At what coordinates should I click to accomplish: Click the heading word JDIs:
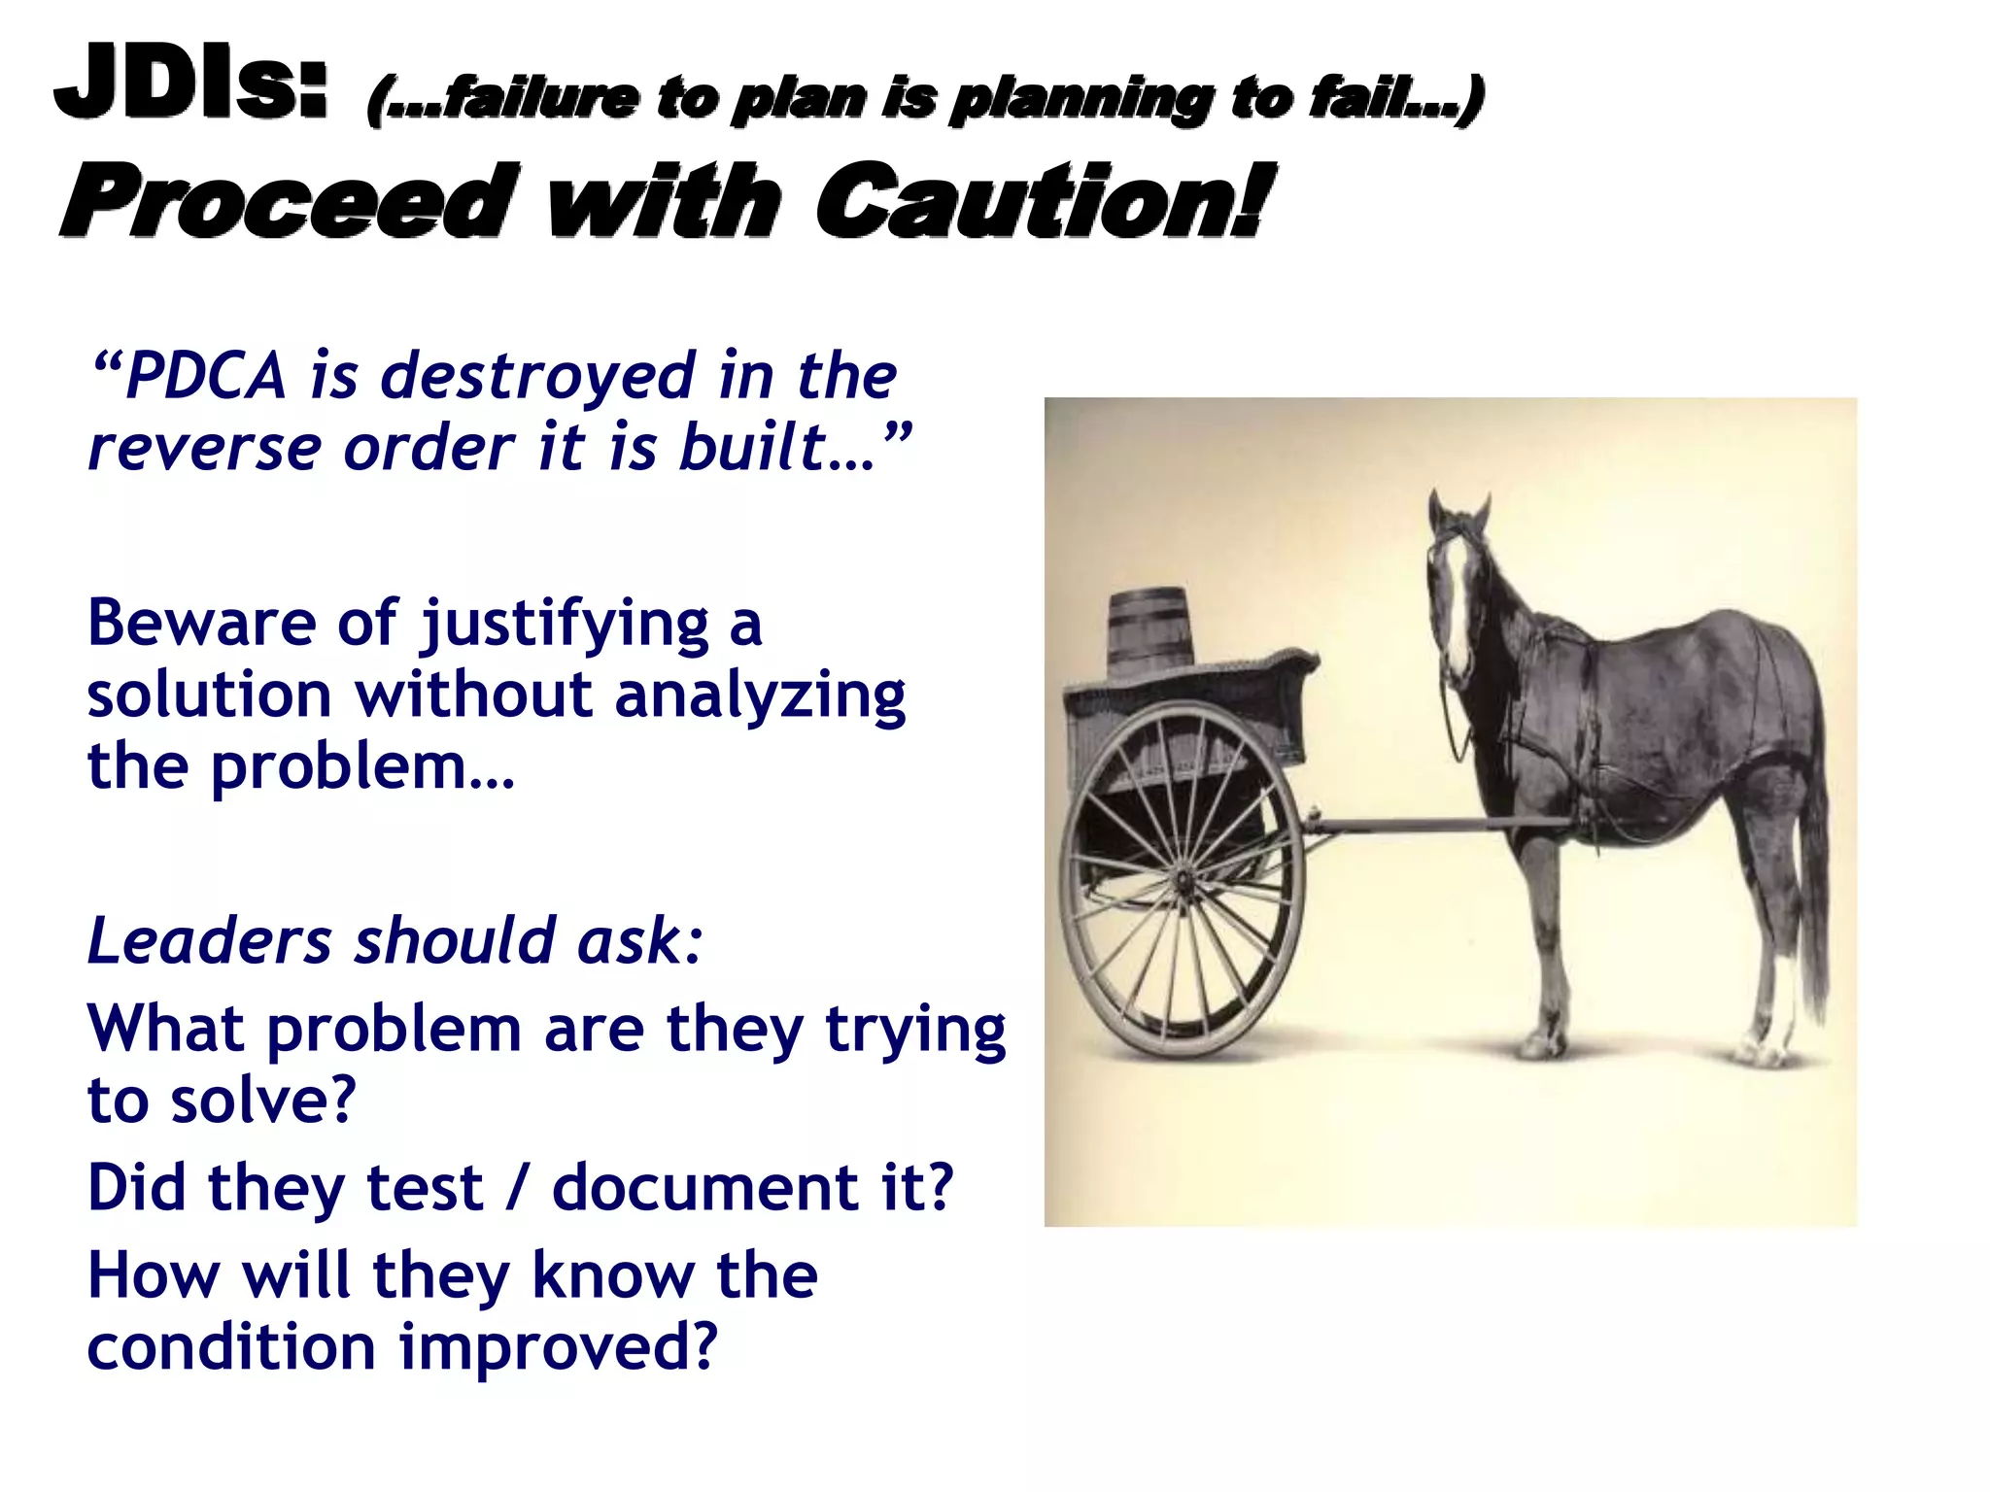[x=190, y=82]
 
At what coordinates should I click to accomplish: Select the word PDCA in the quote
[x=206, y=376]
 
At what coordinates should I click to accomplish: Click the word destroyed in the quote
[x=538, y=376]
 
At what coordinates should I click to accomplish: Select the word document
[x=705, y=1187]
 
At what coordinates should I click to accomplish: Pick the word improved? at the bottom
[x=558, y=1347]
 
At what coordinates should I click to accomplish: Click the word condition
[x=231, y=1347]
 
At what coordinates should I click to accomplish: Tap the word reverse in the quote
[x=204, y=449]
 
